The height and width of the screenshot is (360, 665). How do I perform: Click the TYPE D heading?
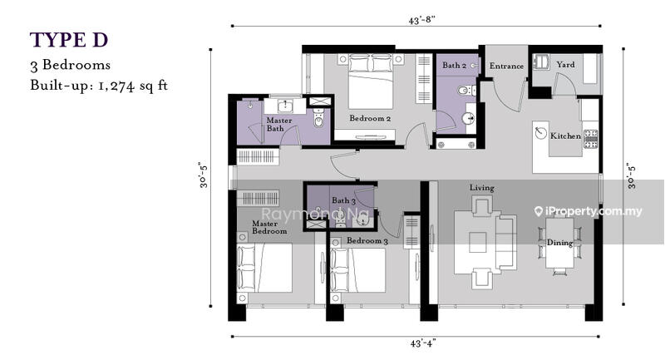point(69,40)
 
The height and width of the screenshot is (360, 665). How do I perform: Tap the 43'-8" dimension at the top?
point(422,20)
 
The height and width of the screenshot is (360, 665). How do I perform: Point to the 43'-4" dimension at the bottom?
point(423,343)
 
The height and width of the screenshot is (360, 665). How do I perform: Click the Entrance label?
point(506,66)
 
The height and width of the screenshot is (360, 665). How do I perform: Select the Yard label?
point(566,65)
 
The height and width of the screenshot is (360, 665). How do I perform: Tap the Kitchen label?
point(565,136)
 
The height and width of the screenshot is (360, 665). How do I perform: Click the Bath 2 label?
point(454,66)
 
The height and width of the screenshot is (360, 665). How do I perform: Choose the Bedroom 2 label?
point(370,118)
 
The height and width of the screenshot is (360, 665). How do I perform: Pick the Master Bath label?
point(278,124)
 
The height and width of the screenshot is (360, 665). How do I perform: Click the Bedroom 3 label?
point(367,240)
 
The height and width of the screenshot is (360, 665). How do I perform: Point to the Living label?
point(482,187)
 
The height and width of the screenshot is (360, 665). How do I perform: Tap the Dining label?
point(559,243)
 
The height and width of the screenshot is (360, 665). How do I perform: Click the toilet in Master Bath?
point(318,119)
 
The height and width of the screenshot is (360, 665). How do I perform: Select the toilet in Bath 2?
point(465,90)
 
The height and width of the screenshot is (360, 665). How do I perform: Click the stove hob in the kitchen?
point(590,139)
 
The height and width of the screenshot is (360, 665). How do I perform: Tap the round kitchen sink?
point(541,133)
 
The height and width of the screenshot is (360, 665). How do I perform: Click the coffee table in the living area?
point(477,242)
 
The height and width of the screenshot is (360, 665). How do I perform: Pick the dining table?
point(559,243)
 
